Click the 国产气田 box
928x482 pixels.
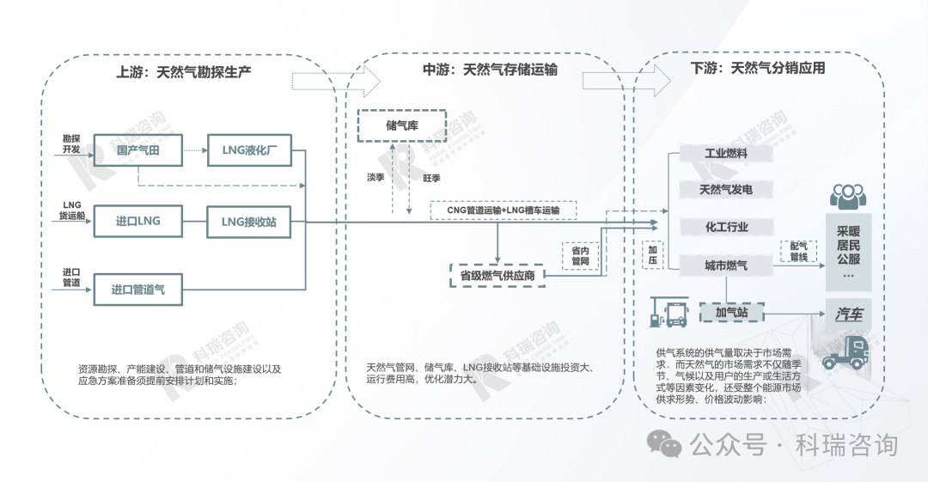coord(137,149)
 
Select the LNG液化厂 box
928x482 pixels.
coord(249,149)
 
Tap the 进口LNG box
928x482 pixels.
coord(137,222)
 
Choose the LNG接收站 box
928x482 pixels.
coord(248,222)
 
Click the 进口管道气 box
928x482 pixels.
coord(137,290)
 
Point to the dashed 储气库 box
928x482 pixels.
coord(402,125)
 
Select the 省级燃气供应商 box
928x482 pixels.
coord(498,276)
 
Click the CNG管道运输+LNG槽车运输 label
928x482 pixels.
coord(503,210)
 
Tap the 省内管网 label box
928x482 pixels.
coord(580,256)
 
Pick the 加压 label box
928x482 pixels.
coord(653,255)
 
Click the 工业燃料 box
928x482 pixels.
coord(726,153)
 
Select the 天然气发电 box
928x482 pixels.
coord(726,190)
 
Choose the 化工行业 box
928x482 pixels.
coord(726,227)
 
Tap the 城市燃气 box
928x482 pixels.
coord(726,265)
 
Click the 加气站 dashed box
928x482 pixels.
coord(732,313)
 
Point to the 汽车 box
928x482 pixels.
coord(849,314)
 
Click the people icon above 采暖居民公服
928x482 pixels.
coord(848,196)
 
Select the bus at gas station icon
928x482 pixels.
coord(669,312)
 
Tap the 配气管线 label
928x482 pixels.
coord(798,252)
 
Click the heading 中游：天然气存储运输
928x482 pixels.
coord(490,70)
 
